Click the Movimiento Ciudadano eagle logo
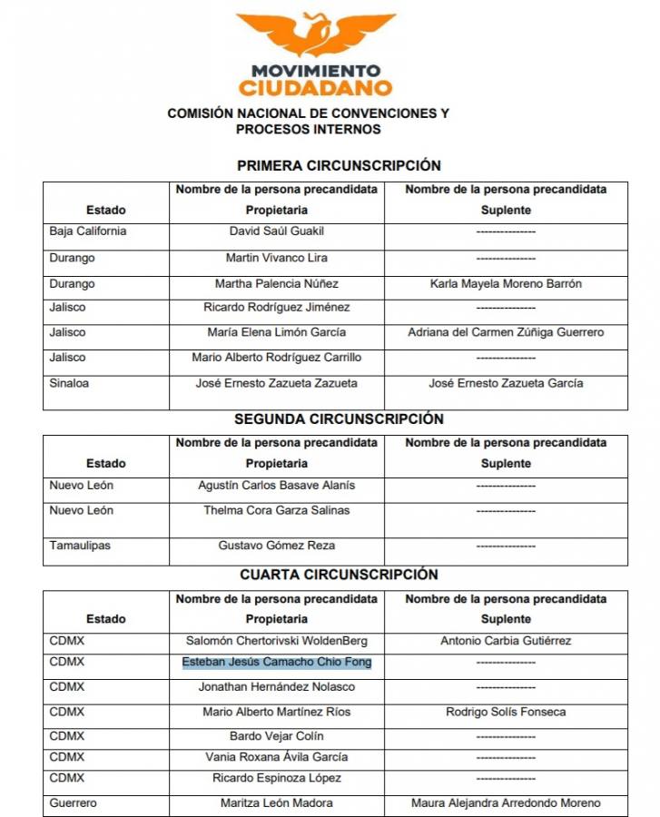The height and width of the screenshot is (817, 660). [x=316, y=36]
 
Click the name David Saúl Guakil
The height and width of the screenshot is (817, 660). [x=277, y=231]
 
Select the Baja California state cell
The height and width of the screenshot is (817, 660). [x=88, y=231]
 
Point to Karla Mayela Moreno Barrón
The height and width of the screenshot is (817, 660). [x=506, y=284]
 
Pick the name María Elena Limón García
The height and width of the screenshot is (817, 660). [x=277, y=332]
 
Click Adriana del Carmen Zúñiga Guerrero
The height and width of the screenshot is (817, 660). [x=506, y=332]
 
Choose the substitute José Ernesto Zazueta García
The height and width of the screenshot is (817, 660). [x=506, y=383]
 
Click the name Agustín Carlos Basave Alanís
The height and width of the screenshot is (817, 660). [x=277, y=486]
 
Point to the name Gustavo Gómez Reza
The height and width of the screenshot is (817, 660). [x=277, y=546]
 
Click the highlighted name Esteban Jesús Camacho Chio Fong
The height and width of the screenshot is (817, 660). [x=277, y=663]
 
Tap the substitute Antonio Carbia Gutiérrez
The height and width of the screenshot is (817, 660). [x=506, y=641]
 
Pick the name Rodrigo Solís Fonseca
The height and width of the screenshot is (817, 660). [x=506, y=712]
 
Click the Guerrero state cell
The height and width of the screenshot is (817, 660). [x=74, y=803]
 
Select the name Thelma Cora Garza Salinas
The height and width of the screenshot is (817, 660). [x=277, y=511]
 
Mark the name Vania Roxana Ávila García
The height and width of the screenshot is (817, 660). [x=277, y=757]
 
